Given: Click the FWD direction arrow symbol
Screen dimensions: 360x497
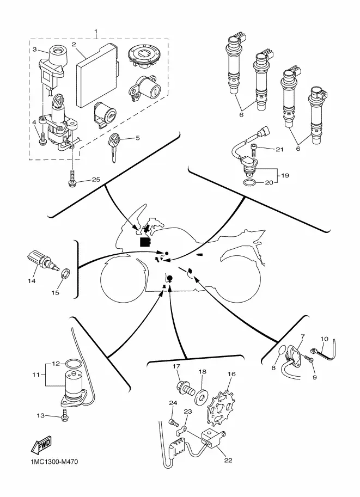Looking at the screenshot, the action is tap(41, 444).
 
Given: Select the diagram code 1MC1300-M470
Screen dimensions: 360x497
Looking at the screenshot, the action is tap(54, 462).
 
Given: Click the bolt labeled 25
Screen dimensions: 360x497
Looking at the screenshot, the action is tap(72, 177).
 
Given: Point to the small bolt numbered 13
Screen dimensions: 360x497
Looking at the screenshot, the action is tap(65, 414).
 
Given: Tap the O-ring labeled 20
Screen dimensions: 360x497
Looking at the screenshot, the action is tap(249, 182).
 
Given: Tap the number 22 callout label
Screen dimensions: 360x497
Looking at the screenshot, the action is tap(228, 460).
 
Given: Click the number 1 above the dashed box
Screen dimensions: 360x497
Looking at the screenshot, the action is tap(96, 32).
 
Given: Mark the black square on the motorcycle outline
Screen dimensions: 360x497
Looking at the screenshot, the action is tap(145, 242).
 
